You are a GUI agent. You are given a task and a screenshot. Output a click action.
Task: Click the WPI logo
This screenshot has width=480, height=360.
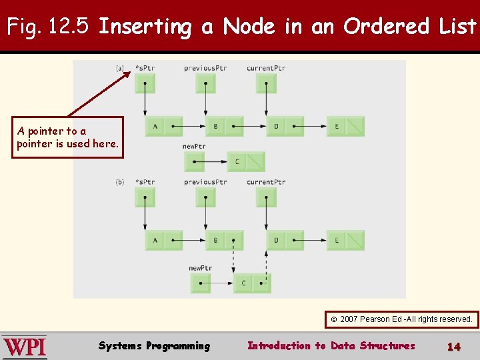coord(25,347)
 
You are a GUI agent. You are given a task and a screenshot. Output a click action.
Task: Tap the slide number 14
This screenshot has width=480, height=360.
coord(454,346)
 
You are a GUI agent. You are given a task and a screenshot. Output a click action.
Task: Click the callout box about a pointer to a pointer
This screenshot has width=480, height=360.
coord(68,137)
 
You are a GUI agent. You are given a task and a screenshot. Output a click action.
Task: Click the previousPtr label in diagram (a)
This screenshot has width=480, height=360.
coord(205,68)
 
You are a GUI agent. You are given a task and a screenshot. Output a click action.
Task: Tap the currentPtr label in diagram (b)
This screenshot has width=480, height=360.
coord(266,182)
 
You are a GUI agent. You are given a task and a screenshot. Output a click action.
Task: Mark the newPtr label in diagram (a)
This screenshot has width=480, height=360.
coord(193,147)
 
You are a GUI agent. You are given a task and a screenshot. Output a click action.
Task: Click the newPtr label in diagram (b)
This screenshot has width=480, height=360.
coord(200,268)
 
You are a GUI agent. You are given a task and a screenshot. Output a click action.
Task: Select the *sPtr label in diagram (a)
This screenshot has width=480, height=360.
coord(145,68)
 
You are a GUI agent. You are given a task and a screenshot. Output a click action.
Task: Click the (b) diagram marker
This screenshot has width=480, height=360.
coord(120,182)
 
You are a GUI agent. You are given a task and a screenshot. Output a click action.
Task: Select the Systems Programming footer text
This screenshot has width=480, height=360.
coord(154,345)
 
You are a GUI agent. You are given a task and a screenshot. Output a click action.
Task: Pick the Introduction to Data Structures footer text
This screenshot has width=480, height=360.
coord(331,345)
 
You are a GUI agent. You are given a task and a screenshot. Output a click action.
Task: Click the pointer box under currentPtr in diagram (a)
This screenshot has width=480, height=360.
coord(266,83)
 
